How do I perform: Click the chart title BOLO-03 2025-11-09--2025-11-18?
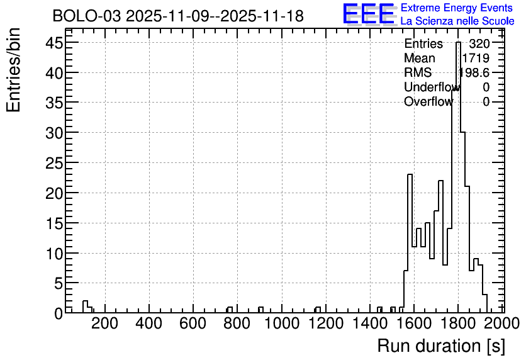point(178,16)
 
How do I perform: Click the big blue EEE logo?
point(369,14)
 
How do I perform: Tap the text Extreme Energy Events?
point(457,8)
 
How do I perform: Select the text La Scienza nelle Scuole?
point(457,21)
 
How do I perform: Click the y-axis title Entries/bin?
point(13,70)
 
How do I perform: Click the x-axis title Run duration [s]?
point(441,346)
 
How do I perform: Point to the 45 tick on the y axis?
point(54,43)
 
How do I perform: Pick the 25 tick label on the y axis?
point(54,163)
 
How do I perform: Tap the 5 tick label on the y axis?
point(59,283)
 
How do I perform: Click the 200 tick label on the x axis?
point(104,323)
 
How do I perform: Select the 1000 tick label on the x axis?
point(282,323)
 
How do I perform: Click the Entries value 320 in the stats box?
point(479,43)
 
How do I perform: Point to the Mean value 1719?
point(476,58)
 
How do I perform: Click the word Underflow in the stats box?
point(432,87)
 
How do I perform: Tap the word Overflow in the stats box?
point(428,102)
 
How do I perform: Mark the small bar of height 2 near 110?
point(85,307)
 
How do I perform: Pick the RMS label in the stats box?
point(418,72)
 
